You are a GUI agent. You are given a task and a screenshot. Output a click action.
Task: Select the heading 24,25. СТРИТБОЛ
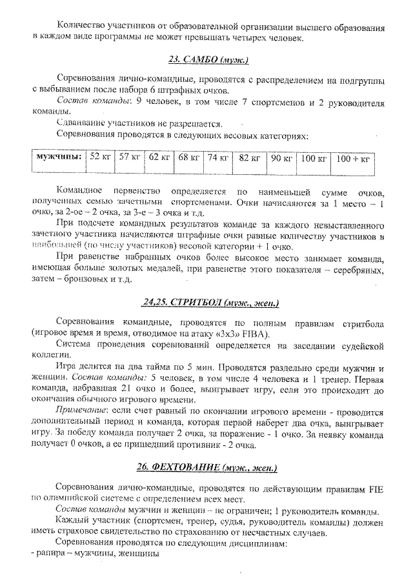point(210,302)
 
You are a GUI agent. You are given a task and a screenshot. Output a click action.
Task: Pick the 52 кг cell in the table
point(100,157)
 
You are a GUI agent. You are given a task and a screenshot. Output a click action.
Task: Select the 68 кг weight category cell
point(188,157)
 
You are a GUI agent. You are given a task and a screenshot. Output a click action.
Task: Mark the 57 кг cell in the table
point(129,157)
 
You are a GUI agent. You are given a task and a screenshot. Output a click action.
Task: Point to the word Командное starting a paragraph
point(82,192)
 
